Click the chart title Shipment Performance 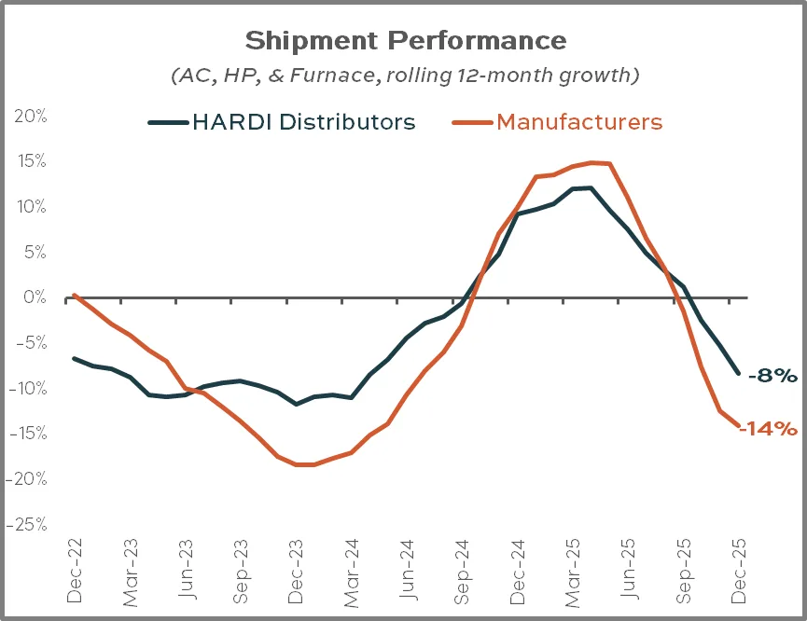(x=405, y=41)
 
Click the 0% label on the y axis (x=32, y=297)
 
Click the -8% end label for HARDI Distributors (x=772, y=376)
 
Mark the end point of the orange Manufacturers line (x=740, y=426)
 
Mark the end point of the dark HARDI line (x=740, y=373)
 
